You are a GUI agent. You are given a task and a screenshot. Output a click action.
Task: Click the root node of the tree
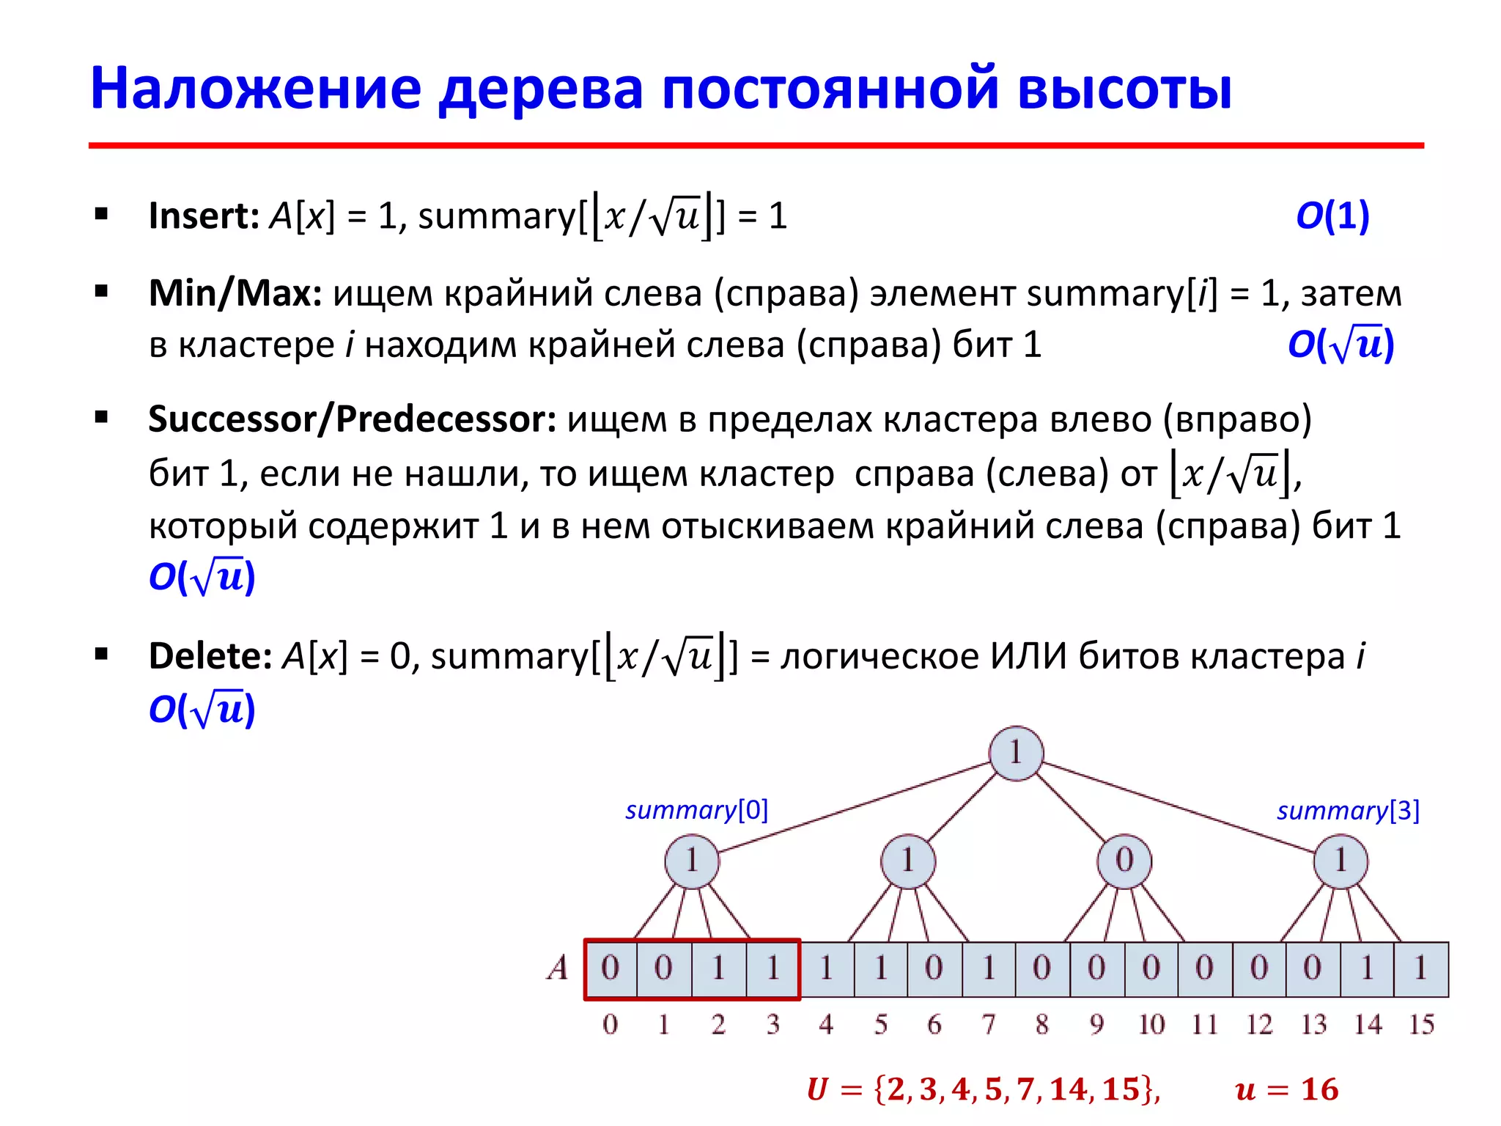point(1015,753)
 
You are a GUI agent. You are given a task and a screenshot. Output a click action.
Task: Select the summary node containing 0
point(1124,861)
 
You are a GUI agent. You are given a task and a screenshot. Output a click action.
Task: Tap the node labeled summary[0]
point(691,861)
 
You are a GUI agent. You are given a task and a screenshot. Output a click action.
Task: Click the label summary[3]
point(1348,811)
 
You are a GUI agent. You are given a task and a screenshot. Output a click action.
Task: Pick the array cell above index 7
point(988,968)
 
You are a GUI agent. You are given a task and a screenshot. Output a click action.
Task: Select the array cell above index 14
point(1367,968)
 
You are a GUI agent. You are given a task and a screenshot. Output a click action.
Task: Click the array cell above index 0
point(610,968)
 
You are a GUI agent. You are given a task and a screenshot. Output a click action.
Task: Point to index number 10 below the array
point(1151,1025)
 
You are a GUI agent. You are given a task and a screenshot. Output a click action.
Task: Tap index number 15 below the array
point(1421,1025)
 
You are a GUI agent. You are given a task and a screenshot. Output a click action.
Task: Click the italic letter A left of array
point(558,968)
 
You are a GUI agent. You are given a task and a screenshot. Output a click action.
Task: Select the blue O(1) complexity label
point(1332,216)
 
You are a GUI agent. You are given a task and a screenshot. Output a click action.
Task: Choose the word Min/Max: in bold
point(235,293)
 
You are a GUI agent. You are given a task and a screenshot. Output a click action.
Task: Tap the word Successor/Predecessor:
point(352,419)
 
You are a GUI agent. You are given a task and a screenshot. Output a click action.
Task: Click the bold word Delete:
point(210,655)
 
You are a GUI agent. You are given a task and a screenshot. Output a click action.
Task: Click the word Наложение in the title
point(256,89)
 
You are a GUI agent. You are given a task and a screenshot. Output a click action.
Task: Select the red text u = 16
point(1286,1090)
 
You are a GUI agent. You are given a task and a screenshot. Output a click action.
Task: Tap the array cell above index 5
point(880,968)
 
